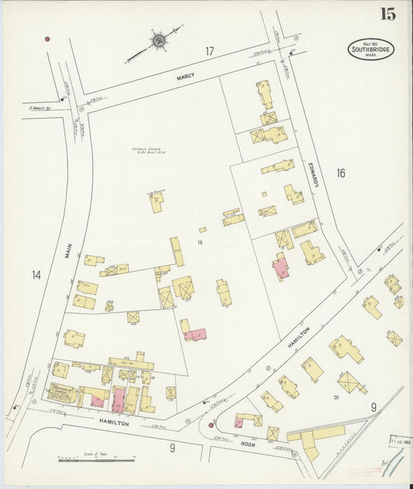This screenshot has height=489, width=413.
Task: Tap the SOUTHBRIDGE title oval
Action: point(370,50)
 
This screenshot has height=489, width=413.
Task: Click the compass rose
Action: point(158,39)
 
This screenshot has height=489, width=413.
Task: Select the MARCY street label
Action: point(185,76)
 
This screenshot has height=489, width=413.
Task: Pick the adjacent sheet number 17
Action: point(209,51)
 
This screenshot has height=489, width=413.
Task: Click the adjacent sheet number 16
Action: point(340,173)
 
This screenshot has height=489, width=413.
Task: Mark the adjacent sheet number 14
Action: point(36,275)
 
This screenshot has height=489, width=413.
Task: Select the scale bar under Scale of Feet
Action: point(96,460)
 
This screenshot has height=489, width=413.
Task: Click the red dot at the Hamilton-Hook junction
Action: point(210,425)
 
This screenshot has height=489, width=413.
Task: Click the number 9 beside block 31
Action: point(373,407)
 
